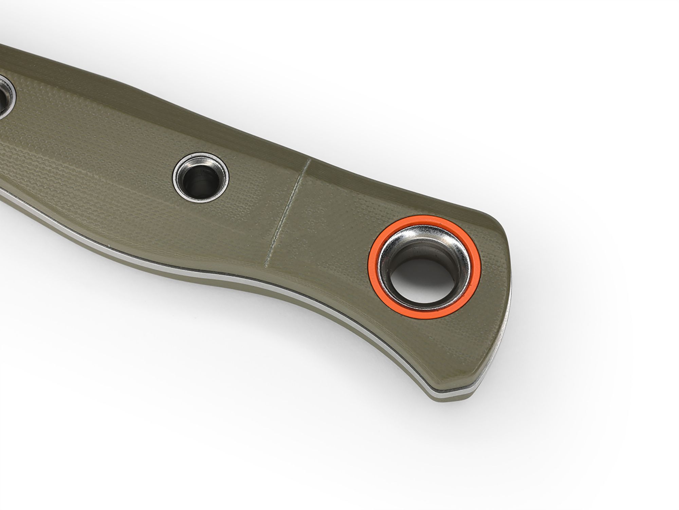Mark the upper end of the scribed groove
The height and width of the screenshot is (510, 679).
(308, 162)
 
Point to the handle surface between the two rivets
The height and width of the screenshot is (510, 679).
(102, 143)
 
